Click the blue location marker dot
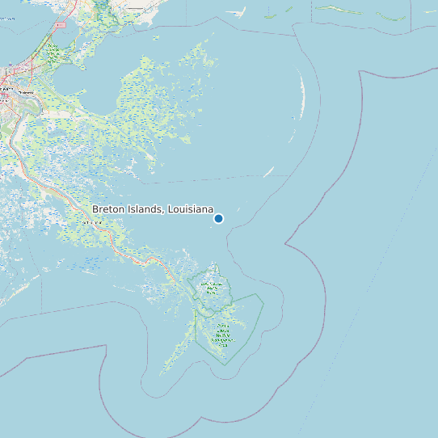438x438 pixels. pyautogui.click(x=218, y=218)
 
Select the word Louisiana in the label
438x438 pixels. pyautogui.click(x=189, y=209)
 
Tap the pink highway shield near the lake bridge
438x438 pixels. pyautogui.click(x=60, y=25)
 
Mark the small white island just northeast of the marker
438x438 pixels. pyautogui.click(x=269, y=171)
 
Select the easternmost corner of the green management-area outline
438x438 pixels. pyautogui.click(x=264, y=299)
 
